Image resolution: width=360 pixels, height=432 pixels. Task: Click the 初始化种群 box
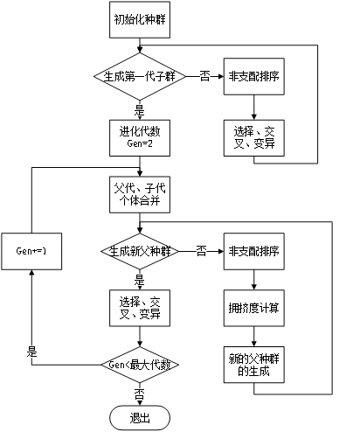coord(139,20)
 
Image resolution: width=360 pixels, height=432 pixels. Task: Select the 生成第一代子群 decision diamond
coord(139,76)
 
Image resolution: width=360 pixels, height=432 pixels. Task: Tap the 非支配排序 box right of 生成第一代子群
coord(254,76)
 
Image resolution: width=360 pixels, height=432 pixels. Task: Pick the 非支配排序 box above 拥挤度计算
coord(254,251)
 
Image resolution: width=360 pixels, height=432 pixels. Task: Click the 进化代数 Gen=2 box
coord(139,137)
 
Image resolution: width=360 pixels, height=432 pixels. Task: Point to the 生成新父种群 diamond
coord(139,251)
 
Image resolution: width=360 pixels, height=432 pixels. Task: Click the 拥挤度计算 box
coord(254,307)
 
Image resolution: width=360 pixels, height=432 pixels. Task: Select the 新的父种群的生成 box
coord(254,365)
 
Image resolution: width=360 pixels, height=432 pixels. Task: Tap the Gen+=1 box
coord(31,251)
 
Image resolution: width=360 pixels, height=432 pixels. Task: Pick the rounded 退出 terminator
coord(139,416)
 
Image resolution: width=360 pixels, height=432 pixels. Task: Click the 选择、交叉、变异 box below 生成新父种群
coord(139,307)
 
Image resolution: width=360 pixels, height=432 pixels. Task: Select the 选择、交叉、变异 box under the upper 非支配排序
coord(254,137)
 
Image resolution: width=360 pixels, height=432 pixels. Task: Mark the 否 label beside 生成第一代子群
coord(205,76)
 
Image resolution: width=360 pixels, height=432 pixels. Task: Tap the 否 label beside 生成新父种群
coord(200,251)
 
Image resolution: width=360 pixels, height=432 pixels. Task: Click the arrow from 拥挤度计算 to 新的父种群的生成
coord(254,337)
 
